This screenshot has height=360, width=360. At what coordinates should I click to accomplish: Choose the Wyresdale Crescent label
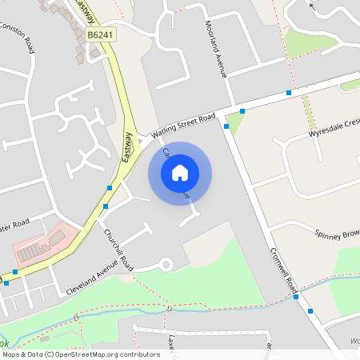[334, 130]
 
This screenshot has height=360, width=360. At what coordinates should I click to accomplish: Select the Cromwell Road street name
[283, 267]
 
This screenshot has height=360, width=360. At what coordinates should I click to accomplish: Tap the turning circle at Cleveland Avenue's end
[166, 263]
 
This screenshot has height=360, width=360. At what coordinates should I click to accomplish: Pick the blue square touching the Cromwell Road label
[297, 297]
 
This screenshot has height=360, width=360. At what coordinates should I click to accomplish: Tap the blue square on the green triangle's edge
[242, 111]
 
